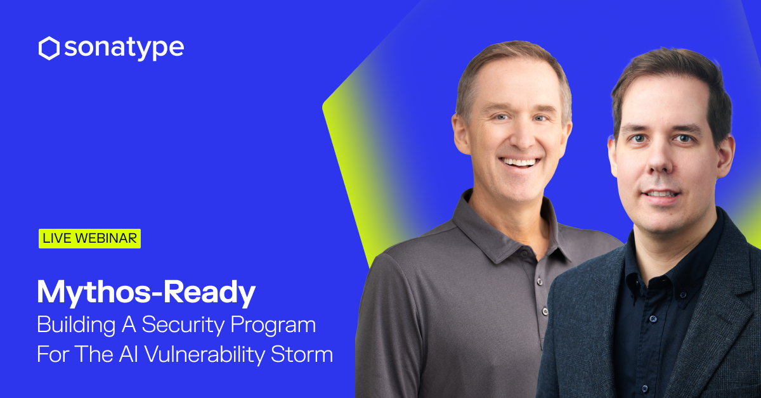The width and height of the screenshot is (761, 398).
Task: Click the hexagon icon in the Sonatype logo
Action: click(49, 48)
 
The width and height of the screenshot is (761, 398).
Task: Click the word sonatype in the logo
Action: click(122, 48)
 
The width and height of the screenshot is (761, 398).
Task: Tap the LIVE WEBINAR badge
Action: click(89, 238)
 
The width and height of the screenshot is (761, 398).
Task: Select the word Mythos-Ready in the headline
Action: click(146, 292)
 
